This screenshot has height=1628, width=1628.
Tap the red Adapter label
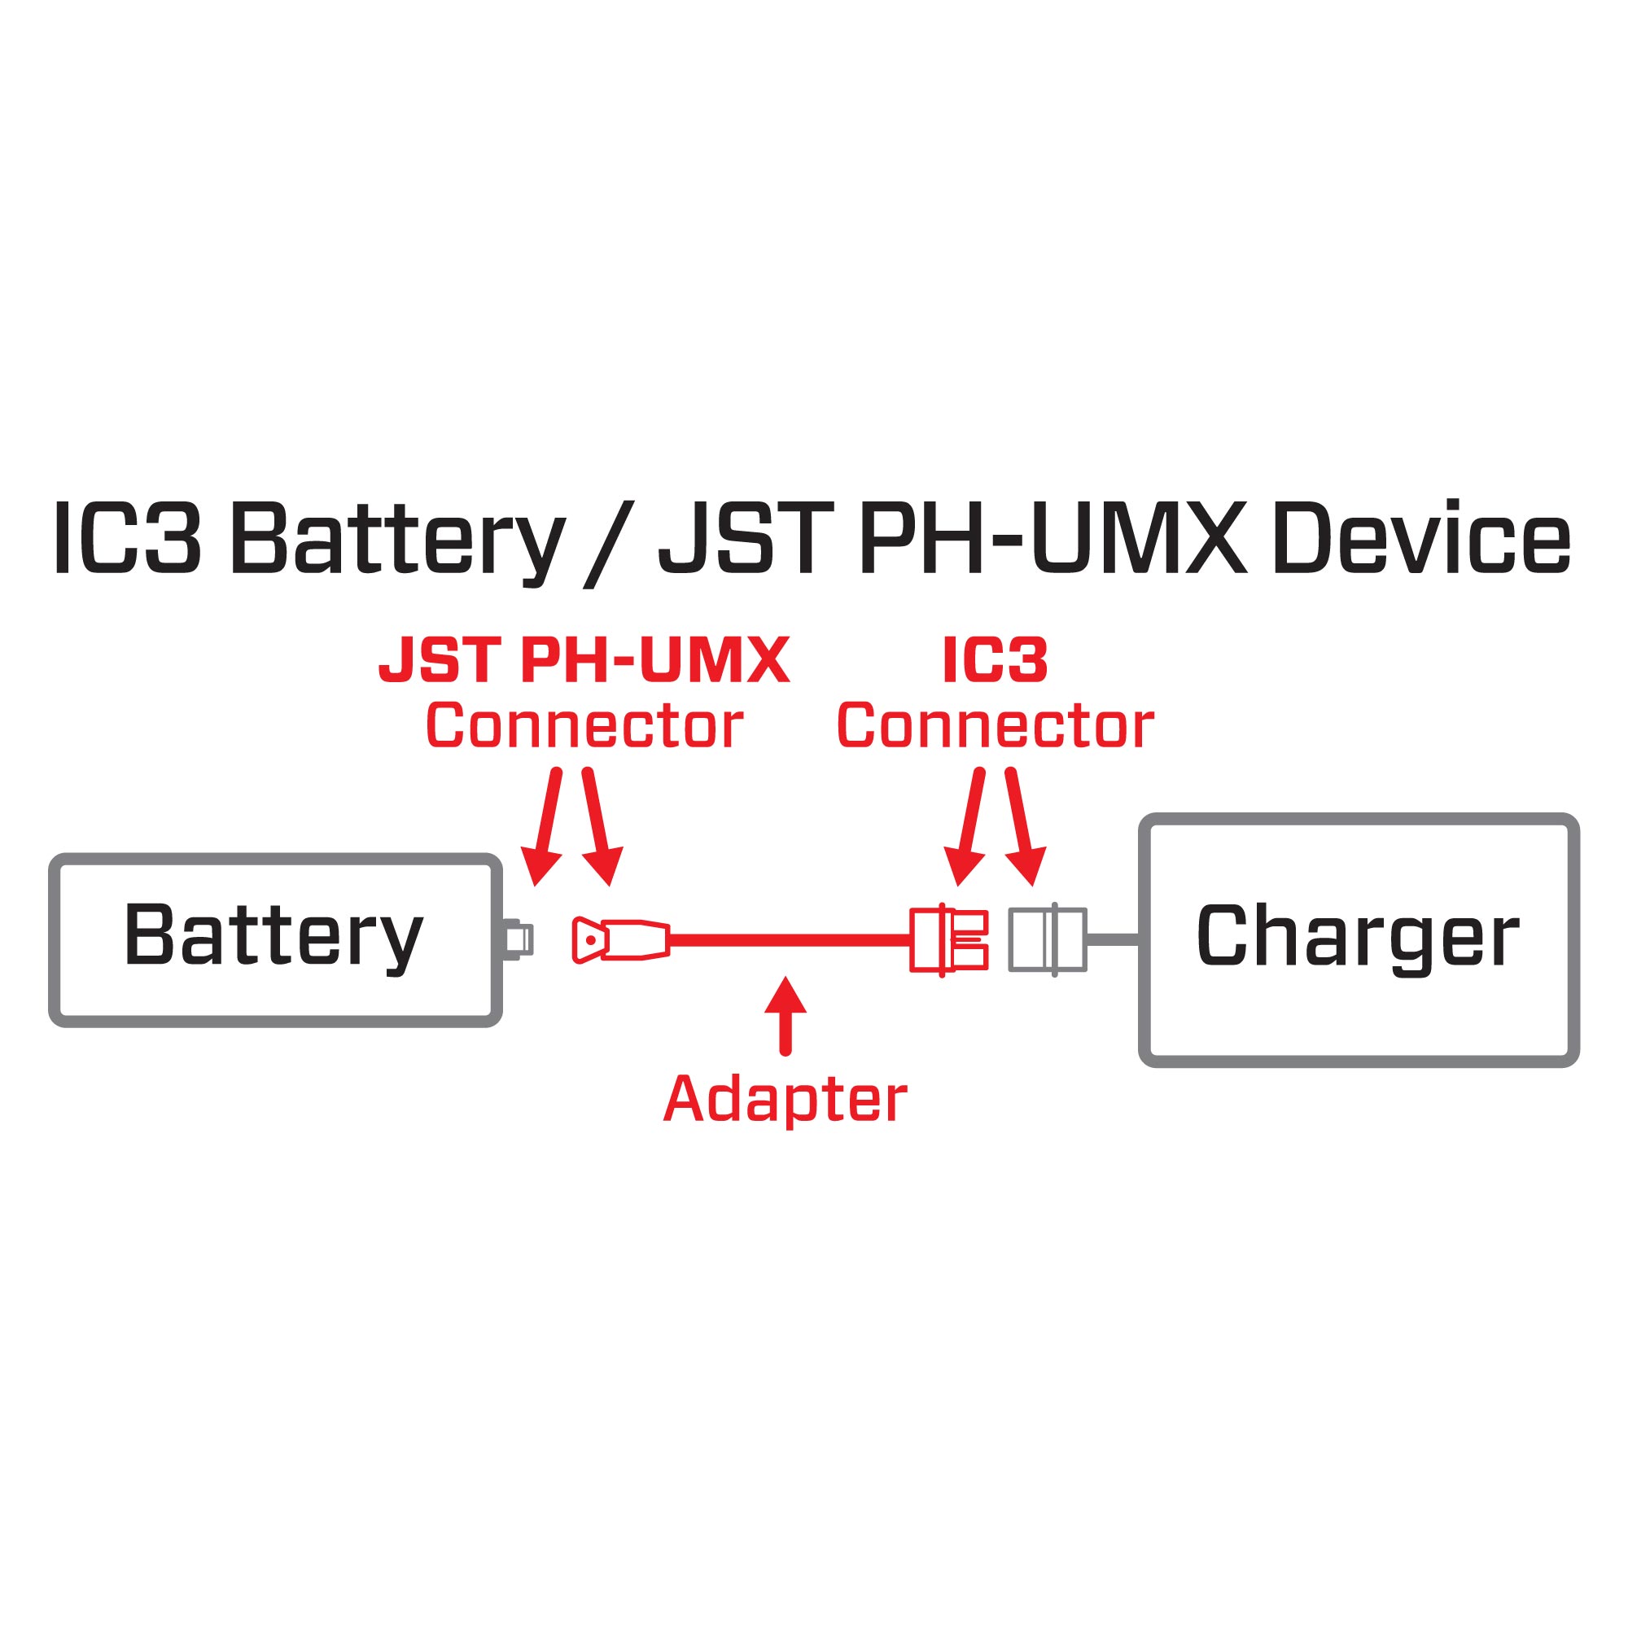(785, 1100)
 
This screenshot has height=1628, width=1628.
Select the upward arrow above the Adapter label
(786, 1015)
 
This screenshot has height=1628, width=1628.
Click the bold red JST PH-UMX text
(584, 660)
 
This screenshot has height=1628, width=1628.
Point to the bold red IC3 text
(995, 660)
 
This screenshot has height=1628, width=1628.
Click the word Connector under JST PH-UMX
(584, 725)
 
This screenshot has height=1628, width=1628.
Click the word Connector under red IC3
(995, 725)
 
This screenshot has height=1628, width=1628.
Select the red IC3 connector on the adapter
(948, 939)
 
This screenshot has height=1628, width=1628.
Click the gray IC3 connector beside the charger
(1048, 939)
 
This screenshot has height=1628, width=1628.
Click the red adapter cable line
(788, 939)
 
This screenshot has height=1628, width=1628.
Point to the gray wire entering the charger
(1112, 939)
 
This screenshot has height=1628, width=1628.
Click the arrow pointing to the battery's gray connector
(544, 825)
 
